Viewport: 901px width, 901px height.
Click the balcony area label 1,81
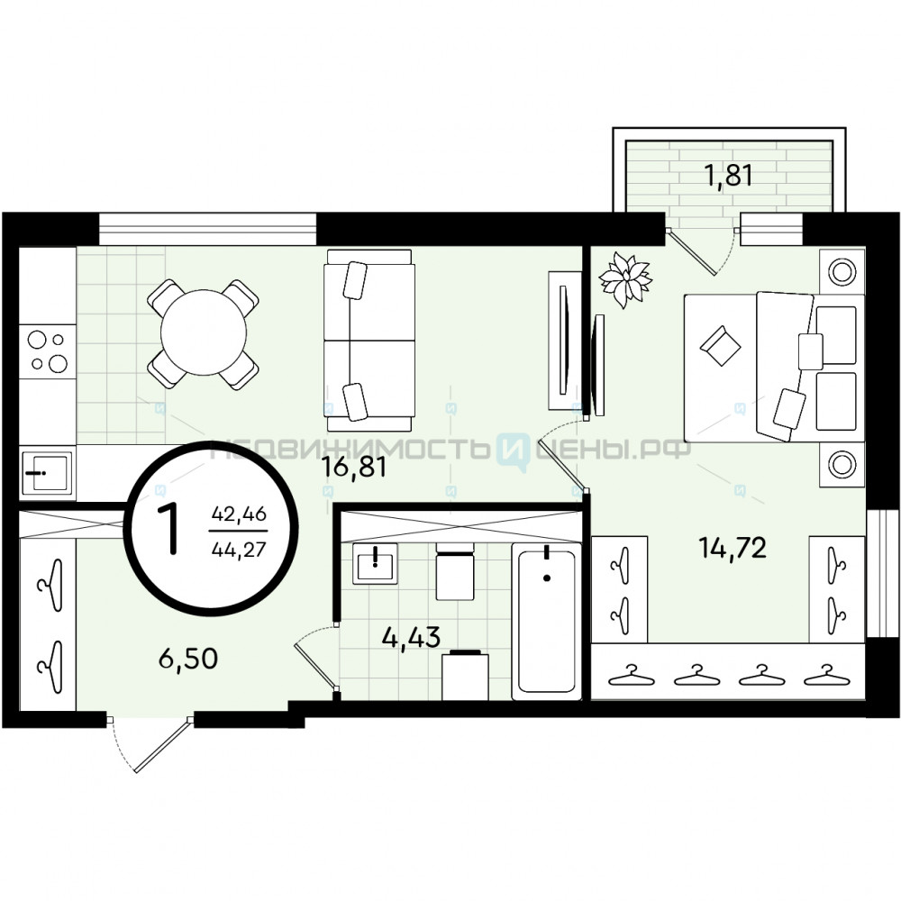[728, 176]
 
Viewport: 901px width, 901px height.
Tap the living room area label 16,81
[354, 467]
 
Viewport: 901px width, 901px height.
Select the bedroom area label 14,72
[733, 548]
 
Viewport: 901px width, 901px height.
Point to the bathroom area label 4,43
[412, 637]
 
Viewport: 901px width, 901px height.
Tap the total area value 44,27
[239, 550]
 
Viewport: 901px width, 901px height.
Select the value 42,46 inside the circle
[239, 514]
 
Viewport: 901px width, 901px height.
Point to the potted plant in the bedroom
[625, 279]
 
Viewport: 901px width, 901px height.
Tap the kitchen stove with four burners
[48, 350]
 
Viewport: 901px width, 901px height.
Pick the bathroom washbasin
[375, 563]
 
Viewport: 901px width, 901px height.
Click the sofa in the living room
[369, 341]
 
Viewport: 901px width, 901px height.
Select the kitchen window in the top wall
[207, 229]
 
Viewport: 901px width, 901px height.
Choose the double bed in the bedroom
[774, 369]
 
